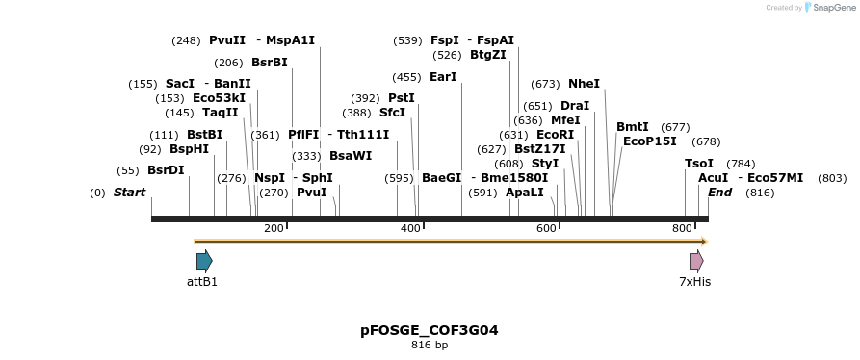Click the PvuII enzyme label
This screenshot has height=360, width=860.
(227, 40)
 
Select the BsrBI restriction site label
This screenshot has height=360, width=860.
(269, 63)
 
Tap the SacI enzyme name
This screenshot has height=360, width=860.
(180, 84)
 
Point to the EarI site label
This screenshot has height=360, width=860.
(443, 77)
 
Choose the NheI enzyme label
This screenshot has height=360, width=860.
(584, 84)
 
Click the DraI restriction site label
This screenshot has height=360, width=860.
(575, 106)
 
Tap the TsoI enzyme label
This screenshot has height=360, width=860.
(699, 164)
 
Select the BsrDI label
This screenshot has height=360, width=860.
(166, 170)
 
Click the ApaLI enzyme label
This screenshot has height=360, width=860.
(525, 193)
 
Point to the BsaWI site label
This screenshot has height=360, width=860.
(351, 156)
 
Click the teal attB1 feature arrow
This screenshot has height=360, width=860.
(204, 261)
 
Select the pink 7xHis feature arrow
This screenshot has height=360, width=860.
(696, 261)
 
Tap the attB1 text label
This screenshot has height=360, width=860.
(202, 282)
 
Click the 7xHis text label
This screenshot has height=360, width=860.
(695, 282)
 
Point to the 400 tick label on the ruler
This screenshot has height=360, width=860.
(410, 228)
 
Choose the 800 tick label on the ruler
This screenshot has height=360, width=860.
(683, 228)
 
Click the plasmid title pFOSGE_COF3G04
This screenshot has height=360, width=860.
(430, 330)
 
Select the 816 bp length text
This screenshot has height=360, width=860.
(430, 345)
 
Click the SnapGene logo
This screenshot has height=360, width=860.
(829, 8)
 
